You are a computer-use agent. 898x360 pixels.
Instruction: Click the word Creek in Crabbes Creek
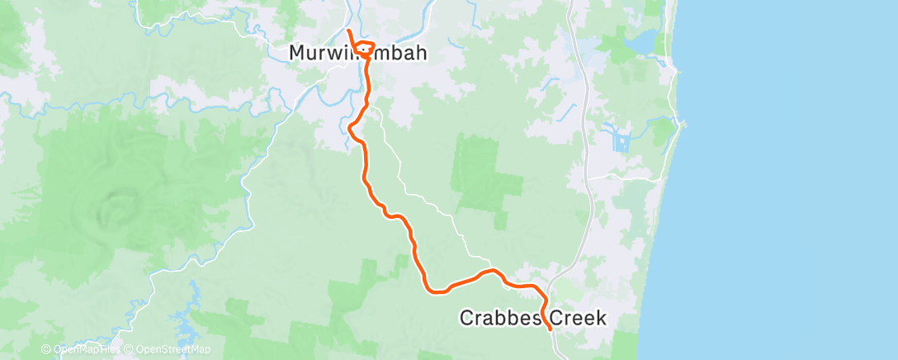click(x=577, y=318)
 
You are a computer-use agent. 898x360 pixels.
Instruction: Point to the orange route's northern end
click(x=348, y=31)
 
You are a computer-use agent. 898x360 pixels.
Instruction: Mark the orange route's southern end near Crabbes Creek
click(x=550, y=329)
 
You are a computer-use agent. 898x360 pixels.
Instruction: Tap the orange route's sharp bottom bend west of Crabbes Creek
click(x=432, y=290)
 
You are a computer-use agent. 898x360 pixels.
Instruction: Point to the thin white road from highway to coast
click(x=627, y=178)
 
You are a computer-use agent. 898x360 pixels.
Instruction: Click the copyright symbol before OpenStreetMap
click(x=130, y=350)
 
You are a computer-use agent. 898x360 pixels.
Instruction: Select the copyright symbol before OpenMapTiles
click(x=46, y=350)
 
